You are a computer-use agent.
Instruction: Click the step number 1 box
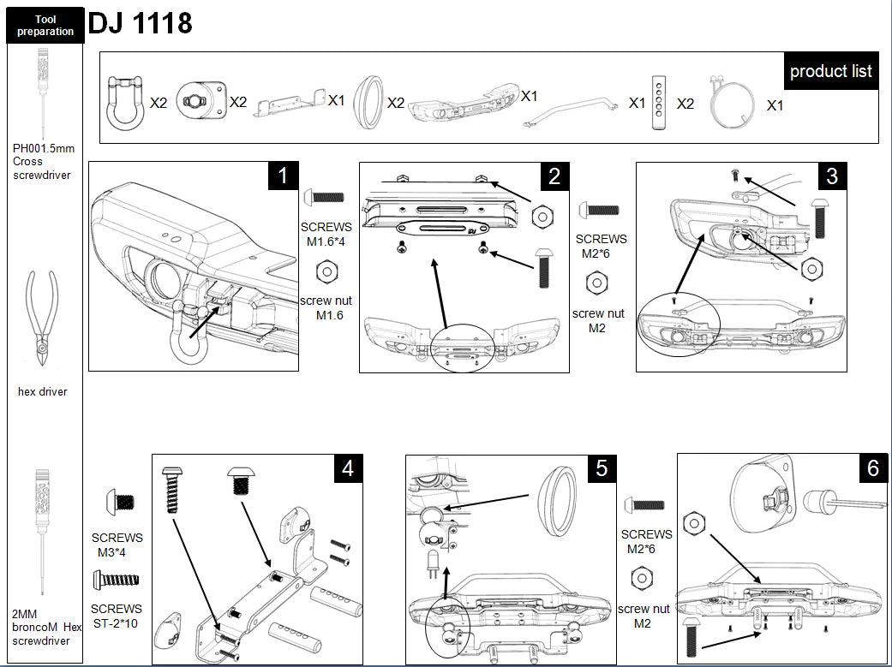click(x=283, y=176)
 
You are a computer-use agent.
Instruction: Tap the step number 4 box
click(x=347, y=468)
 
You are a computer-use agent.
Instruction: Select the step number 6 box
click(x=872, y=468)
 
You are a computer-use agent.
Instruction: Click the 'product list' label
click(x=830, y=71)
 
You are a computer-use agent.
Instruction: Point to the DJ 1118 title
click(x=141, y=22)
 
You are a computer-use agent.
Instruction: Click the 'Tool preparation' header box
click(x=45, y=26)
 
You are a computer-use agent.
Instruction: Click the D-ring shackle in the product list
click(x=125, y=100)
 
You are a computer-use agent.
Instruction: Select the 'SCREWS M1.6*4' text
click(x=326, y=235)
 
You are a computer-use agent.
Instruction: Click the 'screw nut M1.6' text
click(x=326, y=308)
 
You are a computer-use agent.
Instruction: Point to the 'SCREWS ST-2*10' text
click(x=117, y=615)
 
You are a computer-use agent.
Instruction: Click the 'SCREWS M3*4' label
click(x=117, y=545)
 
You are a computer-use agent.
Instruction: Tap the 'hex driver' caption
click(x=42, y=392)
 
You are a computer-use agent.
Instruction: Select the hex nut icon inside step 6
click(x=693, y=521)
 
